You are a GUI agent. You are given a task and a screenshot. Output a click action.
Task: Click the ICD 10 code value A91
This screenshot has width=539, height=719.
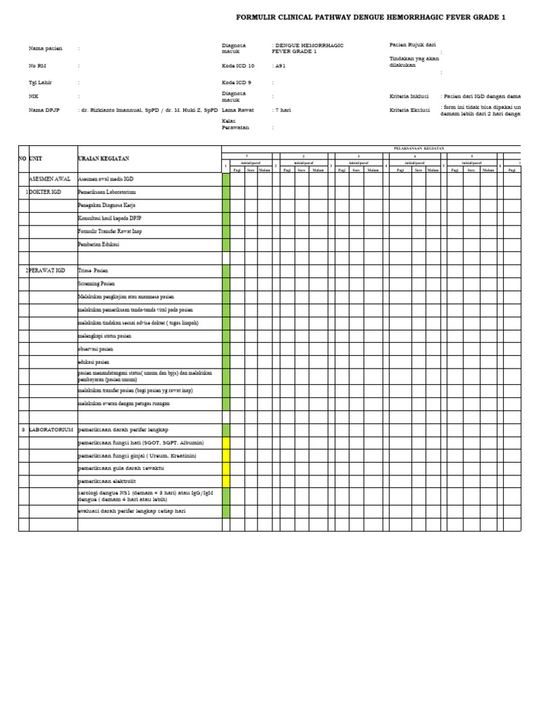(x=281, y=65)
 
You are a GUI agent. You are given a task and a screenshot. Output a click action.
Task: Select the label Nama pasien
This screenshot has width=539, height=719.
(x=45, y=48)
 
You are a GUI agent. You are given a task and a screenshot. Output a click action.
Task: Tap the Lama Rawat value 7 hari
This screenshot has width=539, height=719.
(x=282, y=110)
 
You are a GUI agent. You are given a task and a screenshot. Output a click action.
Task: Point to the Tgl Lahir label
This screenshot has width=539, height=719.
(x=40, y=82)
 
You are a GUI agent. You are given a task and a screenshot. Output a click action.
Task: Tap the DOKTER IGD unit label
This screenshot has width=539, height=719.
(x=48, y=192)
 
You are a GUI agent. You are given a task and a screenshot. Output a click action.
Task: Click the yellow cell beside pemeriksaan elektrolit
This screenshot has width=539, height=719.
(x=226, y=482)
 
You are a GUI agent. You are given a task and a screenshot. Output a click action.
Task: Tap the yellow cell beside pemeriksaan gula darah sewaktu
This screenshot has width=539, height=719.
(x=226, y=468)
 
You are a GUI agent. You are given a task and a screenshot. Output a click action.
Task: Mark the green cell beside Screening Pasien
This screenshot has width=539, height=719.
(x=226, y=284)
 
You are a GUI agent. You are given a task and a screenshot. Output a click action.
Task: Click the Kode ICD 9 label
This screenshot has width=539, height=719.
(x=237, y=82)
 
